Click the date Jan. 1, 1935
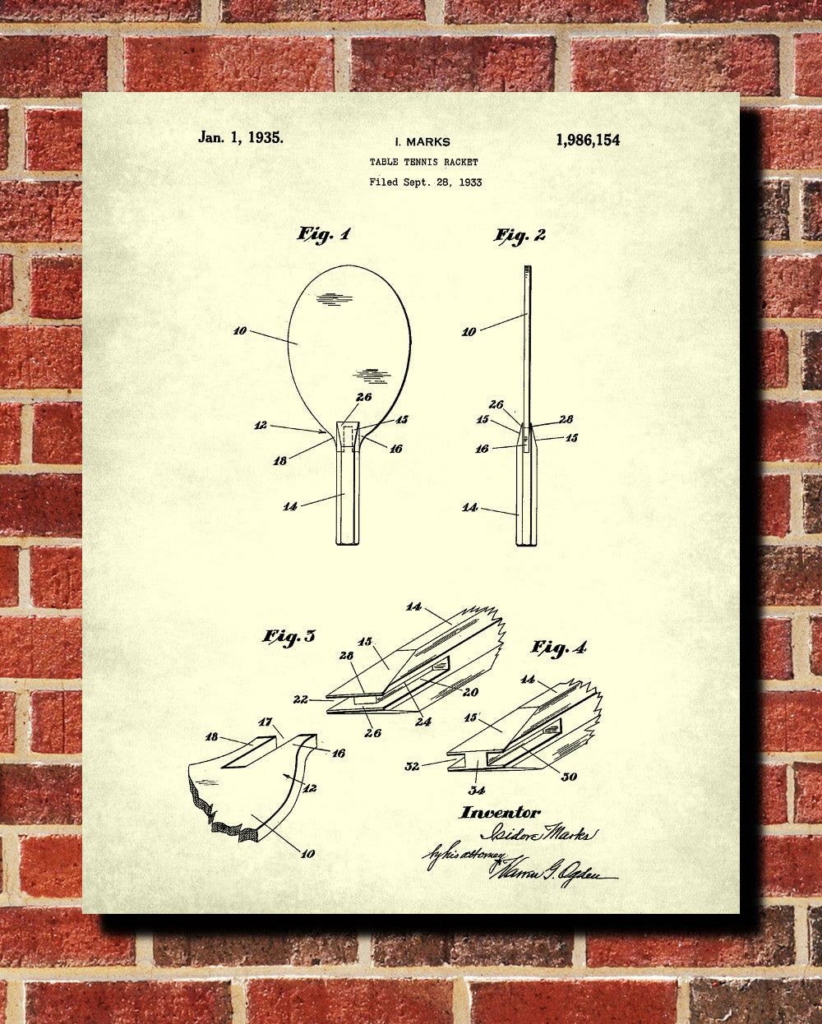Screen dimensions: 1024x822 point(240,138)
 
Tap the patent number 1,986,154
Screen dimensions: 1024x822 point(588,140)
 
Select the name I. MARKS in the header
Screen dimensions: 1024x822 point(423,141)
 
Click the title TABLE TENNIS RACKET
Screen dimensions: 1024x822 point(423,162)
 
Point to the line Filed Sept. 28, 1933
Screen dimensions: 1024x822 point(425,182)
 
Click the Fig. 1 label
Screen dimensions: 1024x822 point(323,235)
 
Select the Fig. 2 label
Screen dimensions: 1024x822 point(520,236)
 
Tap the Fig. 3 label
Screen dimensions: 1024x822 point(289,637)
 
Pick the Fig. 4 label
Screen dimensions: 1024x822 point(559,648)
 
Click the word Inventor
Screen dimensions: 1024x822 point(500,813)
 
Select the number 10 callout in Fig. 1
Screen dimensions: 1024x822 point(239,331)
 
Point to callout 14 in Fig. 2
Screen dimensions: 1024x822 point(469,508)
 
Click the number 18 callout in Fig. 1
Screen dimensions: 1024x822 point(280,461)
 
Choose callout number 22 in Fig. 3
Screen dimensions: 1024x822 point(301,699)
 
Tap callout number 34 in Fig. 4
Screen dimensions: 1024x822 point(477,791)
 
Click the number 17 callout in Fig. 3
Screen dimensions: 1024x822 point(266,722)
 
